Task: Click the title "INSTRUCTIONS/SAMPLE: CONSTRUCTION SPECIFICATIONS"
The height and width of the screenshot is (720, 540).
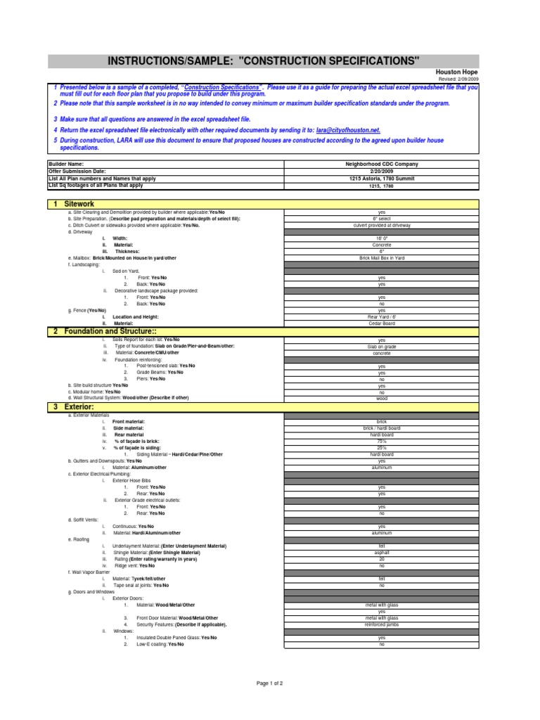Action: pos(264,61)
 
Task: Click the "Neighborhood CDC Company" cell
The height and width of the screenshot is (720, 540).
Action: pos(382,163)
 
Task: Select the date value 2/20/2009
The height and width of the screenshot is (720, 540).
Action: pos(382,171)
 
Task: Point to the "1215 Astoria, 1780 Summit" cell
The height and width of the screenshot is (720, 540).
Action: pos(382,179)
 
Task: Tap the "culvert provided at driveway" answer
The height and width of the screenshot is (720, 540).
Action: pos(382,225)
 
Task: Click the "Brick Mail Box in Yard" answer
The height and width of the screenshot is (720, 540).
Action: pos(382,258)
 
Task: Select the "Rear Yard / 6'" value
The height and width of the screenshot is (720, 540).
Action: pos(382,316)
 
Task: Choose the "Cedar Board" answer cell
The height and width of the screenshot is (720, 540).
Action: pos(382,323)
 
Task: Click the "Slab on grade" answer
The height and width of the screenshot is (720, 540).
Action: pos(382,347)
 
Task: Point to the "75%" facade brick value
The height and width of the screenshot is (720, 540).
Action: pos(382,441)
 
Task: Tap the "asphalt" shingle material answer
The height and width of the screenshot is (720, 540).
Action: pos(382,553)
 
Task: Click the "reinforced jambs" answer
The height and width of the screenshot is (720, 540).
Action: pos(382,624)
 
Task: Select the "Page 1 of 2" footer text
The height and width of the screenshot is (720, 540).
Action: pos(269,683)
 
